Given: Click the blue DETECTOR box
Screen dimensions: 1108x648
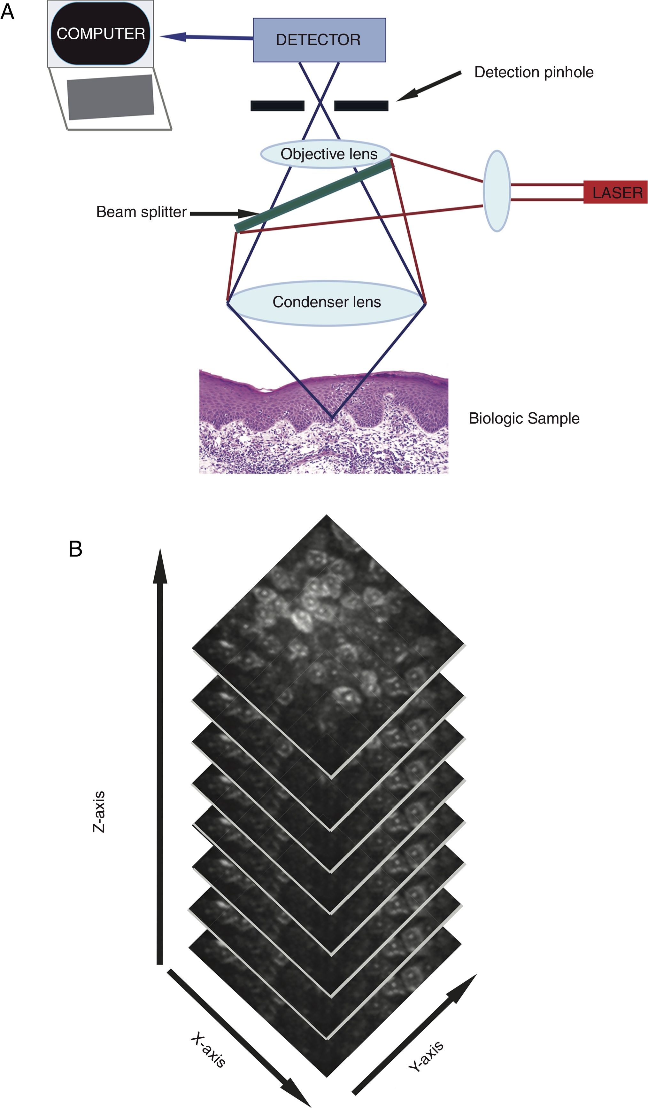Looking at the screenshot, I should pyautogui.click(x=319, y=40).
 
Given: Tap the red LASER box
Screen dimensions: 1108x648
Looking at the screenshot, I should pyautogui.click(x=615, y=192).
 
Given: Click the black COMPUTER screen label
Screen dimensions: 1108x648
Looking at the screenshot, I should pyautogui.click(x=101, y=34).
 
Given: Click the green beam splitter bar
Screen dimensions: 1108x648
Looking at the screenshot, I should pyautogui.click(x=313, y=196).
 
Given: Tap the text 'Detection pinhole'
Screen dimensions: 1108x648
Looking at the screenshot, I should pyautogui.click(x=534, y=72).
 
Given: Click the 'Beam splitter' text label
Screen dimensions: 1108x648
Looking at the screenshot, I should pyautogui.click(x=141, y=212).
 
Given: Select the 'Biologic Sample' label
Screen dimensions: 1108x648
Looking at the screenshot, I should pyautogui.click(x=524, y=418).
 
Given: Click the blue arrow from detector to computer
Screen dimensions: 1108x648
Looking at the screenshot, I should pyautogui.click(x=207, y=37).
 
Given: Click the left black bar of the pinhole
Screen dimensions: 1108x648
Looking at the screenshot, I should pyautogui.click(x=277, y=105).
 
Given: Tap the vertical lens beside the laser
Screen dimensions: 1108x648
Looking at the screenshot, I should pyautogui.click(x=497, y=191).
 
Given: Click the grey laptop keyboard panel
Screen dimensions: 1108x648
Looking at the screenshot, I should pyautogui.click(x=110, y=97).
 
